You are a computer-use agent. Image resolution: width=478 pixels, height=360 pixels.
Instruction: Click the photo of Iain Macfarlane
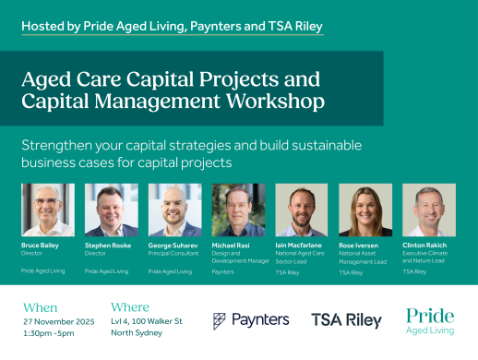tap(301, 210)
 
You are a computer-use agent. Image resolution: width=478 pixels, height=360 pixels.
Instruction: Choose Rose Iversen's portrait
tap(364, 210)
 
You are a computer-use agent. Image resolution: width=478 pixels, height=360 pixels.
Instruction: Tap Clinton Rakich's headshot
tap(428, 210)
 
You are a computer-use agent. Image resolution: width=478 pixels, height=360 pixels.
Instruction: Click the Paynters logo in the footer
tap(251, 320)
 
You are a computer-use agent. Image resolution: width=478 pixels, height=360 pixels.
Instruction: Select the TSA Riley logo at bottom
tap(346, 320)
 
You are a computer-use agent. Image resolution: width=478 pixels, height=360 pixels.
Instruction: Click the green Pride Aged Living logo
tap(430, 320)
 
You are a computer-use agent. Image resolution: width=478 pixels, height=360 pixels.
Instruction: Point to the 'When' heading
tap(41, 306)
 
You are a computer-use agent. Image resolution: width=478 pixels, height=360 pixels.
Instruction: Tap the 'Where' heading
tap(130, 306)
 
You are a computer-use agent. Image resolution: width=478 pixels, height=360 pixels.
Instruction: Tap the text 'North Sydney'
tap(137, 332)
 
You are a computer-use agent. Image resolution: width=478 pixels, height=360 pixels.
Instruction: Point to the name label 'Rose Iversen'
tap(359, 246)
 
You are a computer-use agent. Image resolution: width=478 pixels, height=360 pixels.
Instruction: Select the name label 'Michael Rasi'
tap(231, 246)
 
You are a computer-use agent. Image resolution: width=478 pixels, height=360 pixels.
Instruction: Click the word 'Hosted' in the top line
tap(44, 27)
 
